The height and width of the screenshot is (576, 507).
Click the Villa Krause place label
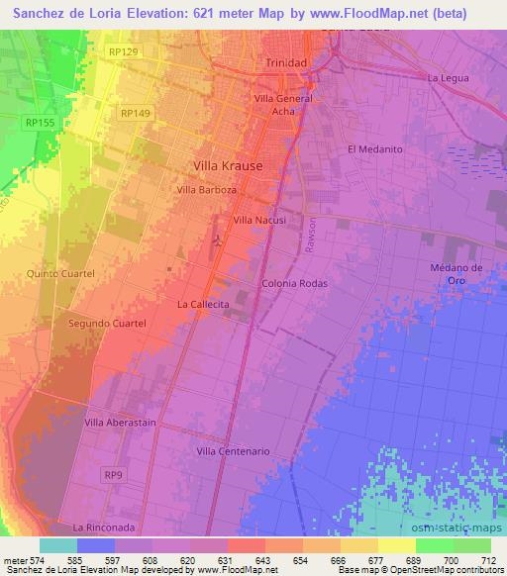point(228,166)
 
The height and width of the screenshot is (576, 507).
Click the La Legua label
point(447,77)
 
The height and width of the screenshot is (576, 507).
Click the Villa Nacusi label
point(259,220)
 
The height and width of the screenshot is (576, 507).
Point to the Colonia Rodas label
point(294,283)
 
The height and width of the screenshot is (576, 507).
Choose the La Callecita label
point(204,305)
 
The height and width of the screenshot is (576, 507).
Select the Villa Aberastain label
point(121,423)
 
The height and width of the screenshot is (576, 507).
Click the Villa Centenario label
point(235,451)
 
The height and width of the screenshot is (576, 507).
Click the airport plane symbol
point(219,240)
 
